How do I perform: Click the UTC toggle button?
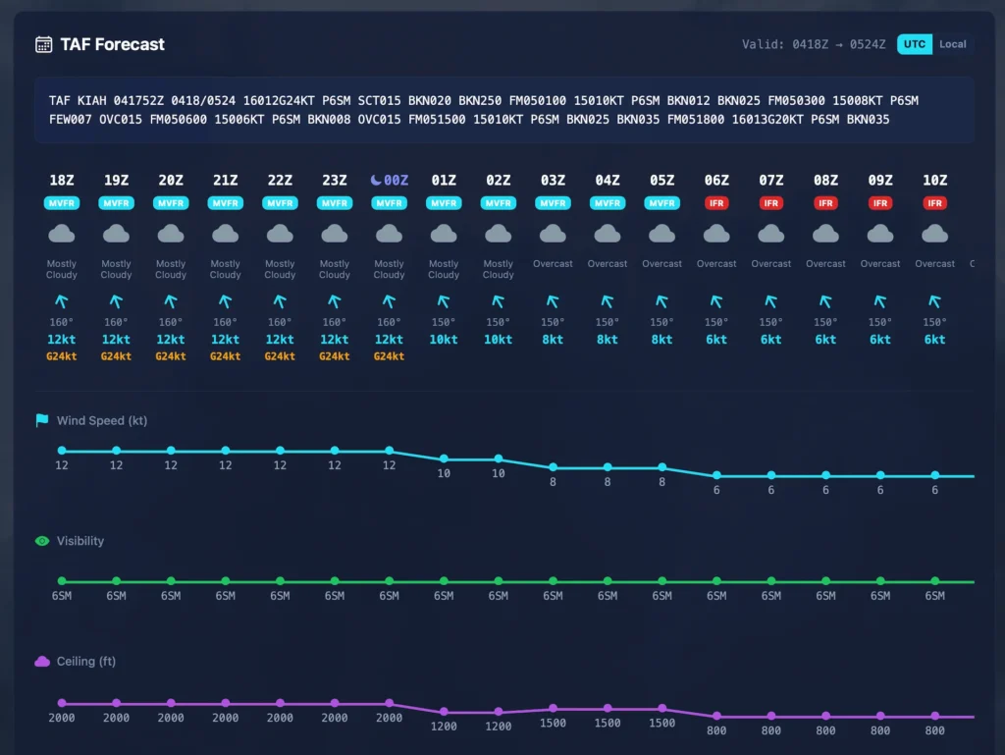[x=914, y=44]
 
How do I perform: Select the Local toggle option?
[x=952, y=44]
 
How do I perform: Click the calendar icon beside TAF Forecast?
[x=43, y=44]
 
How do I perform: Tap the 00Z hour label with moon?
[x=390, y=181]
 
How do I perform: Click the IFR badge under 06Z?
[x=716, y=203]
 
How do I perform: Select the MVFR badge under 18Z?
[x=62, y=203]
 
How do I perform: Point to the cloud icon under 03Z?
[x=553, y=234]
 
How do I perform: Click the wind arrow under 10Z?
[x=935, y=301]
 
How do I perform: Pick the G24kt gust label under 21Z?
[x=226, y=356]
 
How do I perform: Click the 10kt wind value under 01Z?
[x=444, y=340]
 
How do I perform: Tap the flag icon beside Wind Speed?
[x=42, y=420]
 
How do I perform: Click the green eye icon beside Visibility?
[x=42, y=541]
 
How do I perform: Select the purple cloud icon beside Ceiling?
[x=42, y=662]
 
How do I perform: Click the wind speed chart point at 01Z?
[x=444, y=458]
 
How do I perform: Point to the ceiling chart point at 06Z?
[x=716, y=717]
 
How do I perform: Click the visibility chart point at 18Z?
[x=62, y=581]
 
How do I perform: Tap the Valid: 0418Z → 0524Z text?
[x=814, y=44]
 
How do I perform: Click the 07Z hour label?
[x=771, y=181]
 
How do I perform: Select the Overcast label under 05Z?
[x=662, y=263]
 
